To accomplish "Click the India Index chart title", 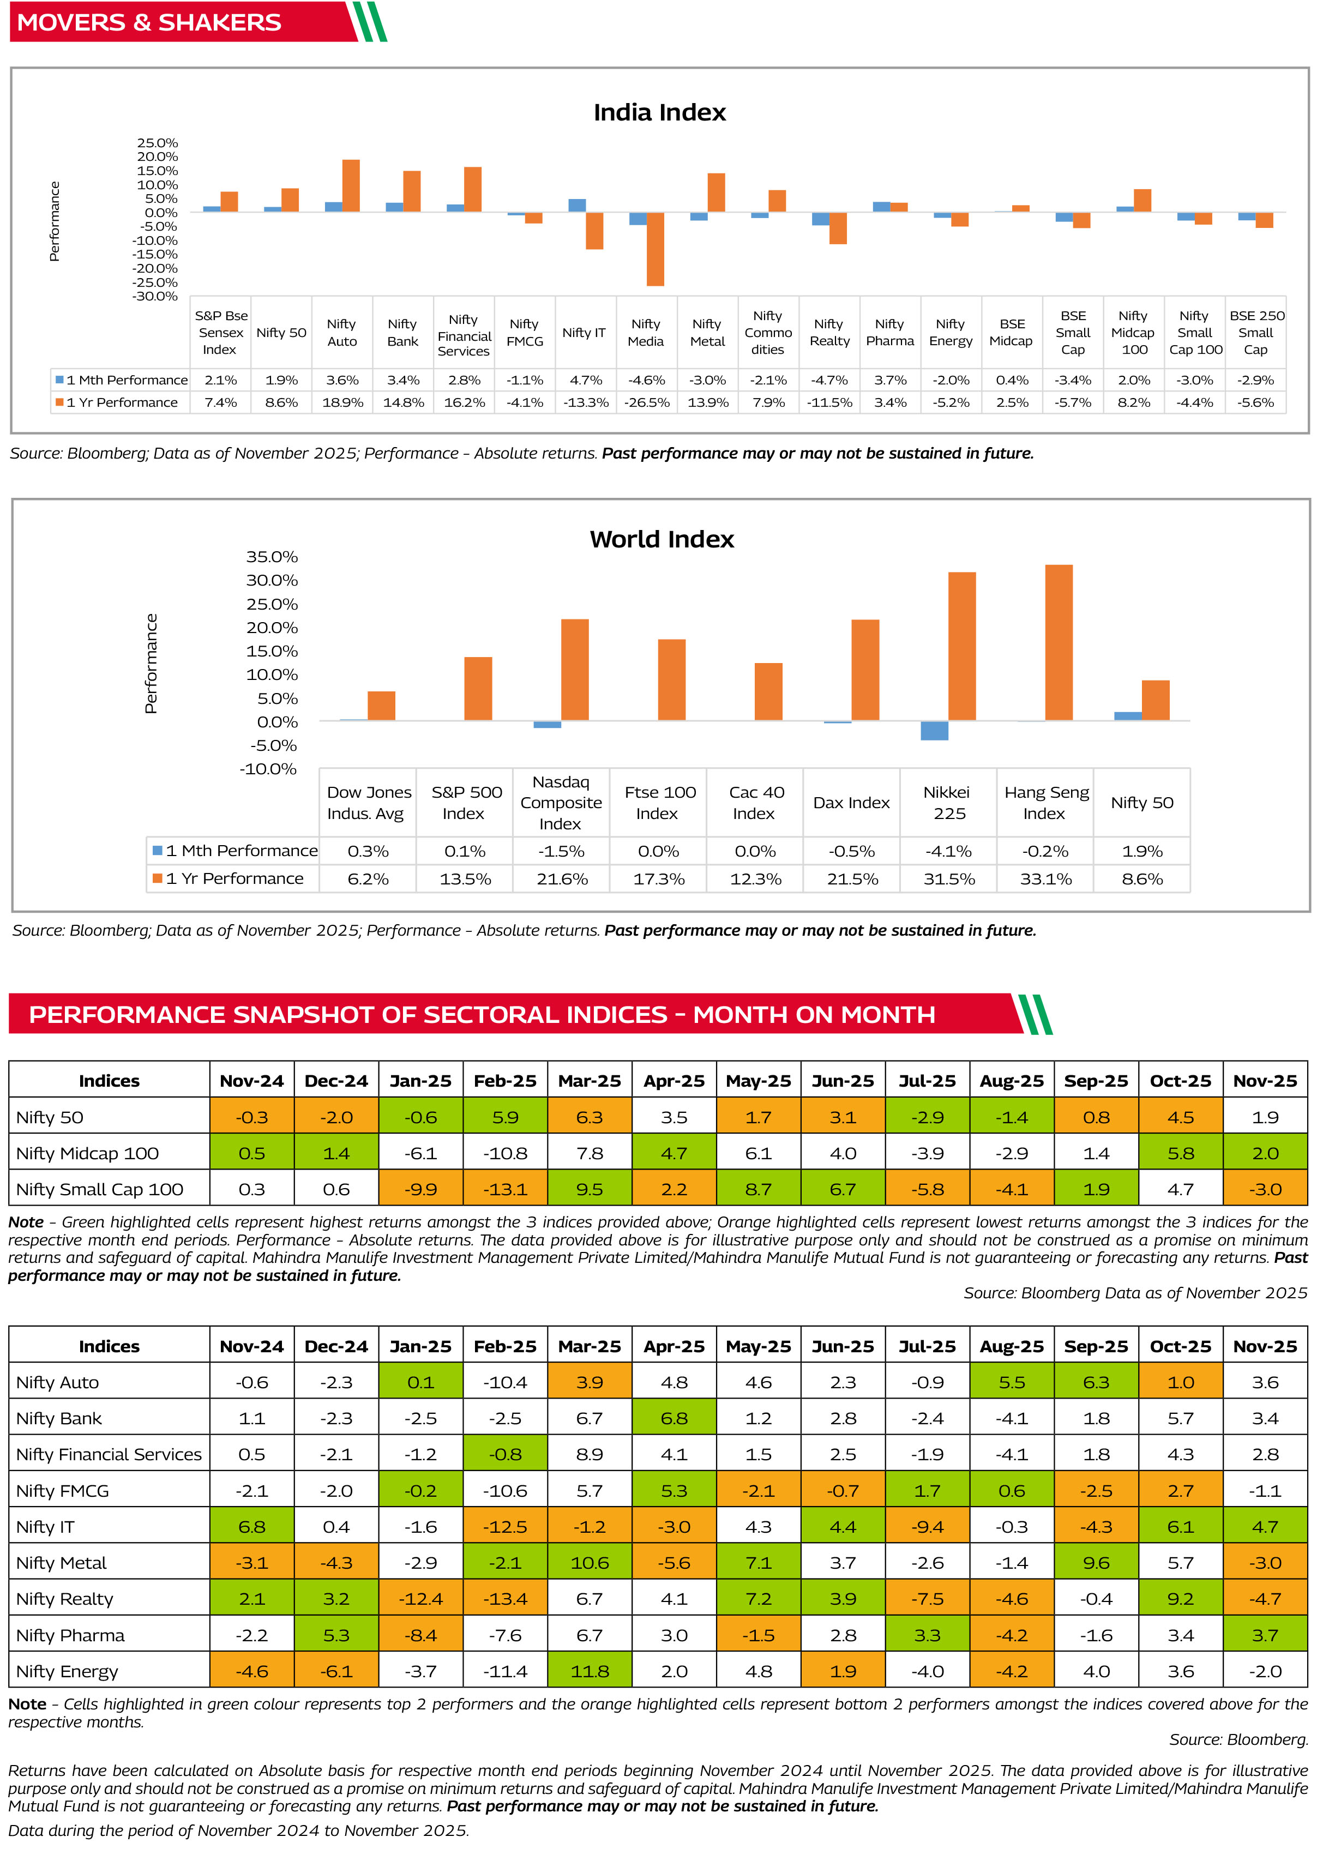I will tap(659, 112).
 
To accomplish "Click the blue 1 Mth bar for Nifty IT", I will tap(577, 205).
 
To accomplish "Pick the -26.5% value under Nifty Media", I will tap(647, 402).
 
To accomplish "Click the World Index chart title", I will tap(661, 539).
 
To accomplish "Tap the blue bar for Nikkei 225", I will tap(934, 731).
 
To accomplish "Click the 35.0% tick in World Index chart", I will tap(272, 557).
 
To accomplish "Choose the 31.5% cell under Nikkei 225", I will tap(949, 878).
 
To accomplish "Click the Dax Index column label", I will tap(851, 803).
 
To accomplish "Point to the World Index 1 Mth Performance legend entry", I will tap(236, 851).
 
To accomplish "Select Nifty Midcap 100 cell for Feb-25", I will tap(505, 1153).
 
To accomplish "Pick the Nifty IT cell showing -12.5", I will tap(505, 1527).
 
